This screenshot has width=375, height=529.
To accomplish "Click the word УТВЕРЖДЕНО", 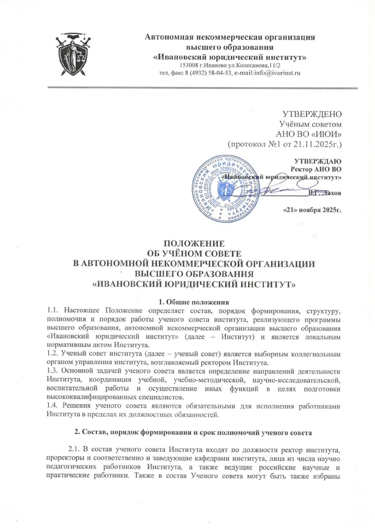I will point(311,115).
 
